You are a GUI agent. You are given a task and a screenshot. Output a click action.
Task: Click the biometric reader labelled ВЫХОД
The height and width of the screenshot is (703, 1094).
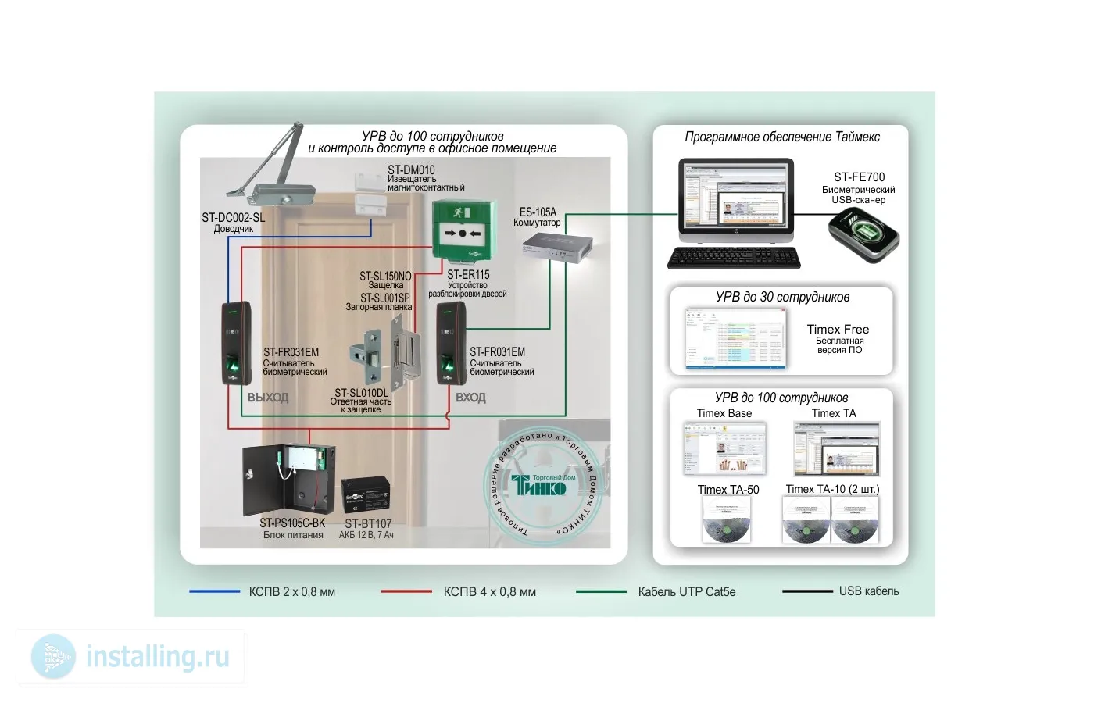coord(235,343)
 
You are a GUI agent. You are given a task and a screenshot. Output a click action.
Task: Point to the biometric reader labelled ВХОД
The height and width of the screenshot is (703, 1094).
coord(451,344)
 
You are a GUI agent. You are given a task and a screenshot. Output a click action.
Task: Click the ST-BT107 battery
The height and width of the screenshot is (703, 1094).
coord(366,495)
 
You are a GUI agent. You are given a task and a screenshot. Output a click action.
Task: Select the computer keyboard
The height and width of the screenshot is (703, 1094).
coord(734,258)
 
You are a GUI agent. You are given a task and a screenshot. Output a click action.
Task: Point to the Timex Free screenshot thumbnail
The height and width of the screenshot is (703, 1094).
coord(735,337)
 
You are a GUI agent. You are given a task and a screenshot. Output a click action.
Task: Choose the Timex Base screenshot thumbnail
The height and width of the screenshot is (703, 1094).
coord(724,448)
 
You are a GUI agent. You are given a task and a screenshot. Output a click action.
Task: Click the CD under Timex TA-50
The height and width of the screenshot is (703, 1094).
coord(726,521)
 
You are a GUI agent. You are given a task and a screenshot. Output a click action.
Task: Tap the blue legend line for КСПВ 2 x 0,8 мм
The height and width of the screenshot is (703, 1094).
coord(214,591)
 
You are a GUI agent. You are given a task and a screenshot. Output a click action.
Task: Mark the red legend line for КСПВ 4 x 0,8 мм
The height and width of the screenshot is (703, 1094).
coord(406,591)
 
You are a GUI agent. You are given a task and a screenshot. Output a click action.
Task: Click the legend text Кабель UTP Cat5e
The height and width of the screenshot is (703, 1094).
coord(686,592)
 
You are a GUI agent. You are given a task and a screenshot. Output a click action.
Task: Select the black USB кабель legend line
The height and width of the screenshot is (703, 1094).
coord(806,591)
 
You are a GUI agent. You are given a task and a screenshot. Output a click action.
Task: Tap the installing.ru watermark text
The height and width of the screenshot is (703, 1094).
coord(157,657)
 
